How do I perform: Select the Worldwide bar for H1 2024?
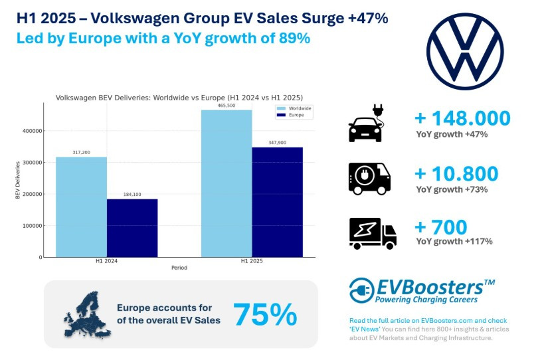click(81, 207)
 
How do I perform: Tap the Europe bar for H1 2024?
click(132, 228)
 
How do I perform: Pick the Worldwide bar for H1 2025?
click(226, 183)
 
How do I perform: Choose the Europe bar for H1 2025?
click(277, 202)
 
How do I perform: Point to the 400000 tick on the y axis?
click(32, 131)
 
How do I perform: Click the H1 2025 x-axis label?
click(251, 262)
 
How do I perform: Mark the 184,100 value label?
click(132, 195)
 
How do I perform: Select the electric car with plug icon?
click(367, 123)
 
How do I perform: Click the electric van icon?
click(369, 178)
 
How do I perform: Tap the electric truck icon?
click(372, 233)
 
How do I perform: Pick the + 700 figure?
click(442, 227)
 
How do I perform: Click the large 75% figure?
click(265, 314)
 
